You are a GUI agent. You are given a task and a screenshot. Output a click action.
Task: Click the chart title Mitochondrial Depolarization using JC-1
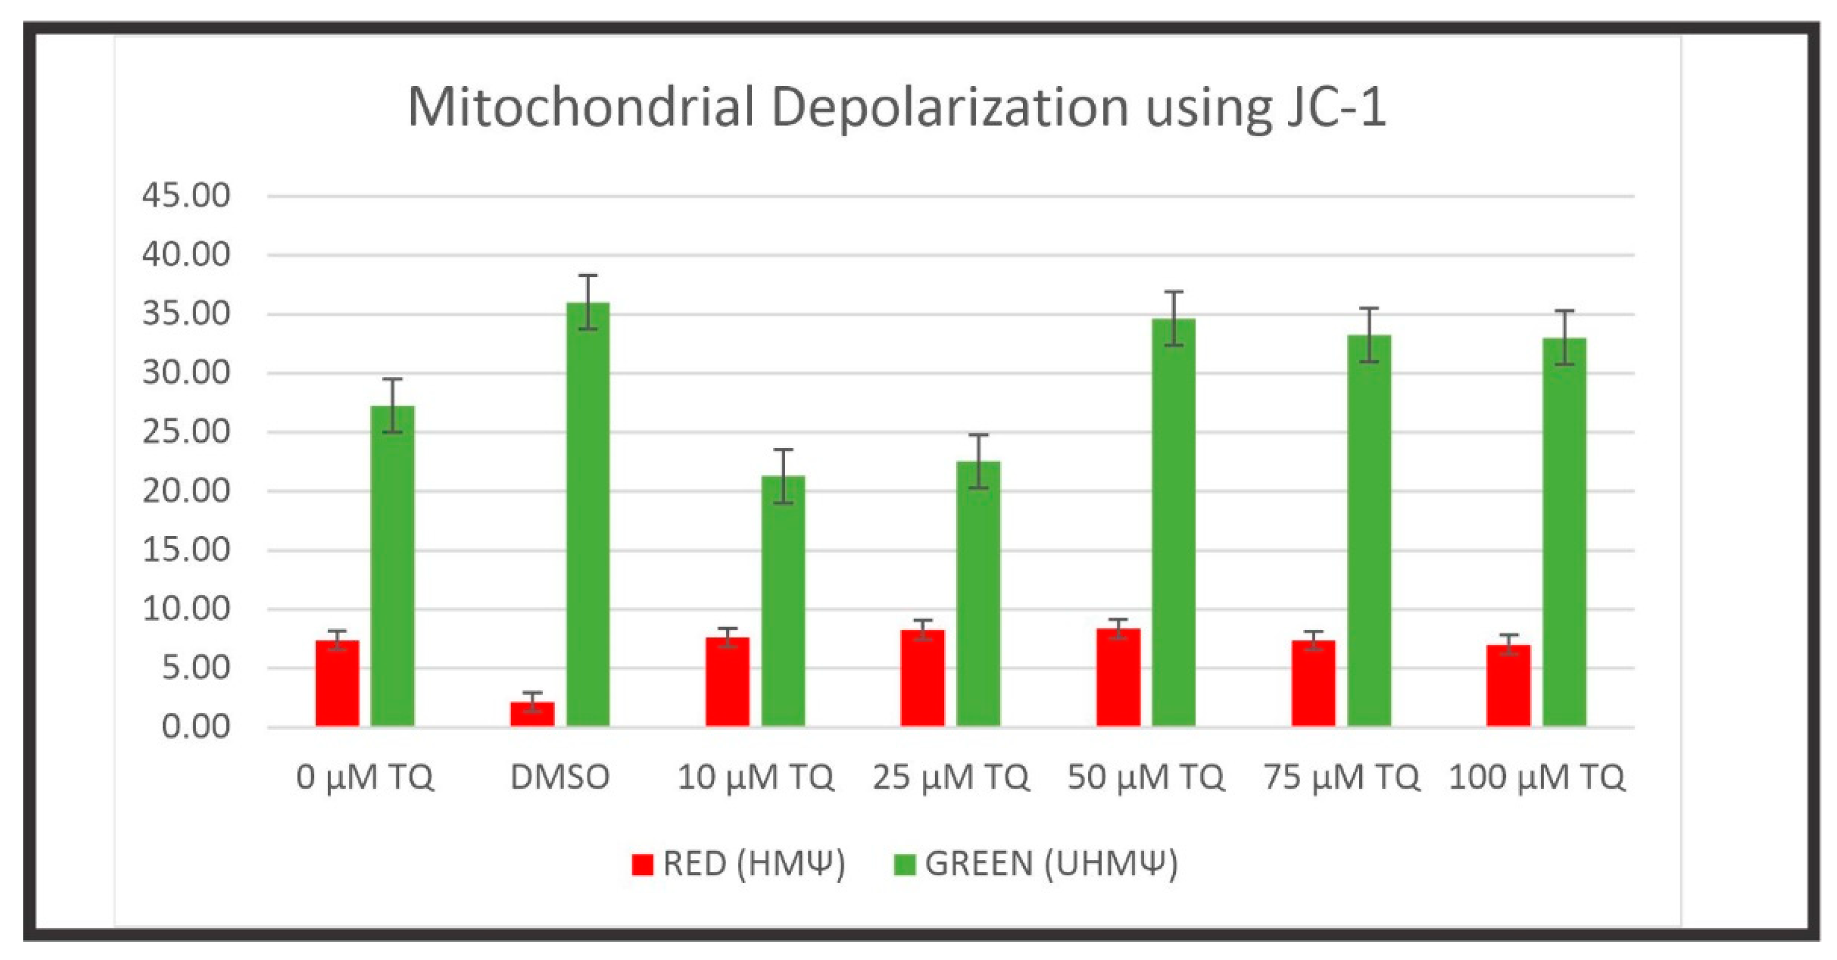click(x=896, y=108)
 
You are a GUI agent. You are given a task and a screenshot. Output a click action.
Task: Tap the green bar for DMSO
click(x=588, y=514)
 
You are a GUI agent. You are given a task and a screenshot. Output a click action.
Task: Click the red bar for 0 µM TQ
click(x=337, y=683)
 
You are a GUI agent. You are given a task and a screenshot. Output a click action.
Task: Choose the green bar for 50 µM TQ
click(x=1173, y=522)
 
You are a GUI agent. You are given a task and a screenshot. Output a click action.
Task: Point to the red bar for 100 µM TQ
click(x=1508, y=685)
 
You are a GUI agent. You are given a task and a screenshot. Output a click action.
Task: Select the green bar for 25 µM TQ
click(x=978, y=594)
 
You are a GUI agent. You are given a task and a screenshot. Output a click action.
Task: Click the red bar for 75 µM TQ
click(x=1313, y=683)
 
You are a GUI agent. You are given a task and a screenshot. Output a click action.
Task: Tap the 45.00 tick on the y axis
click(x=186, y=196)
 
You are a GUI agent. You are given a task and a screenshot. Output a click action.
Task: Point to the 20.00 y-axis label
click(x=186, y=491)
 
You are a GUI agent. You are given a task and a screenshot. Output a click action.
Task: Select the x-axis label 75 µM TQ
click(x=1341, y=777)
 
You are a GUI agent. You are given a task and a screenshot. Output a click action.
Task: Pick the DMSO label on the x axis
click(x=560, y=777)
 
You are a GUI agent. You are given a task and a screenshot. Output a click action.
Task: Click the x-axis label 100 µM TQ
click(x=1537, y=777)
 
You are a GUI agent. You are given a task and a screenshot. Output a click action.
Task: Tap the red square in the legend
click(x=642, y=864)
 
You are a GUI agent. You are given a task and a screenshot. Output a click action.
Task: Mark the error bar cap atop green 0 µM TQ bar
click(x=392, y=380)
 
